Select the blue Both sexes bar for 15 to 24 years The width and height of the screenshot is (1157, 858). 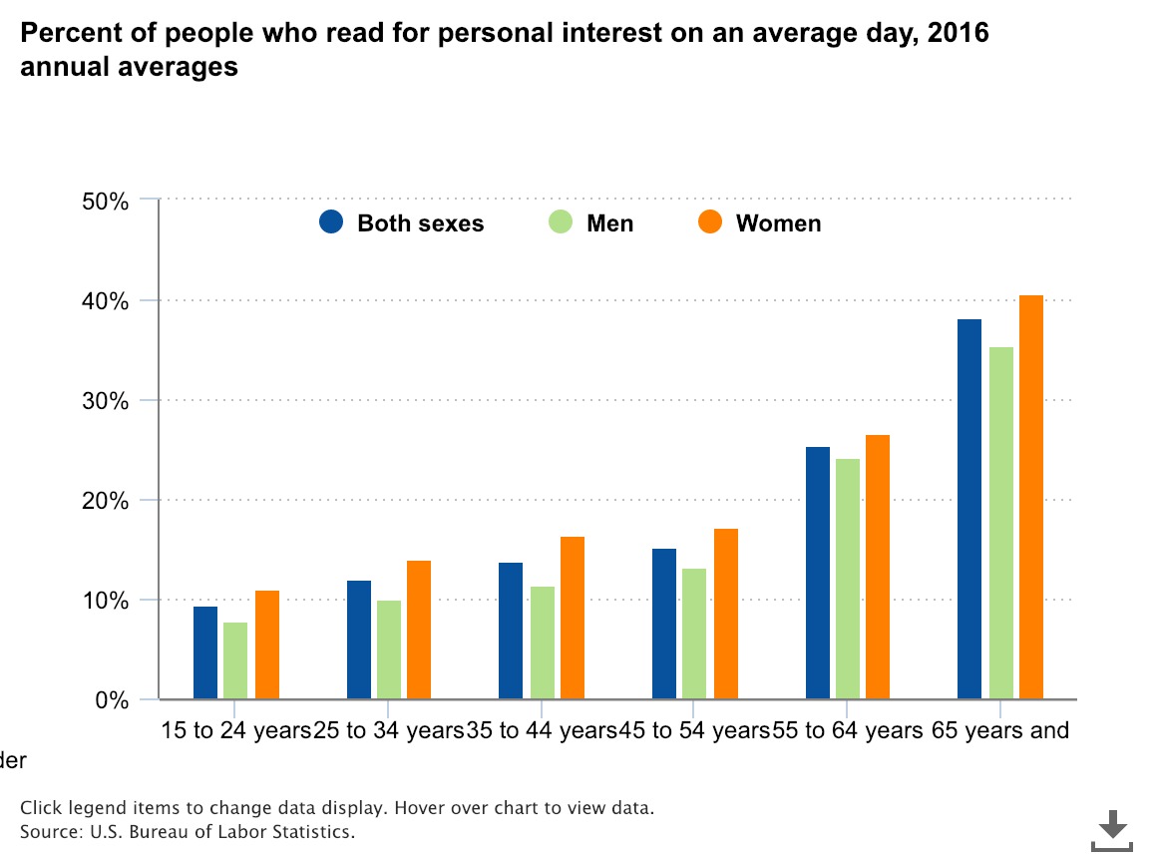click(x=205, y=652)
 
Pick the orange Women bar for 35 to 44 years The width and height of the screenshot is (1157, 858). click(x=572, y=618)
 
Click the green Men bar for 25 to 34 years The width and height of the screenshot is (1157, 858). click(x=388, y=649)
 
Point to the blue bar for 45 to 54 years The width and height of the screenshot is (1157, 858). click(x=664, y=624)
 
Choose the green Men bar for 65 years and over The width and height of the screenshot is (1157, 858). click(x=1000, y=523)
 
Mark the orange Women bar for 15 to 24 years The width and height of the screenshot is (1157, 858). click(x=267, y=644)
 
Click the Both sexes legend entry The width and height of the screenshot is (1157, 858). click(x=402, y=223)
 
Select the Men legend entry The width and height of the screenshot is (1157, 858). click(x=591, y=223)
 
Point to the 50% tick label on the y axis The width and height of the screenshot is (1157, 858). click(x=105, y=201)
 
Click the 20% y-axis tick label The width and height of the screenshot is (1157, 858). click(x=105, y=501)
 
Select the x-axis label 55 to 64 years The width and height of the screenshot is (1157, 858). click(x=849, y=730)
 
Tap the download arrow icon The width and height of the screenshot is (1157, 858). click(x=1112, y=828)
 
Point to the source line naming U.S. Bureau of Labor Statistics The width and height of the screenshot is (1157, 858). click(x=188, y=830)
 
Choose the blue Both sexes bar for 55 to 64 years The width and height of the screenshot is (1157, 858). click(x=818, y=573)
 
